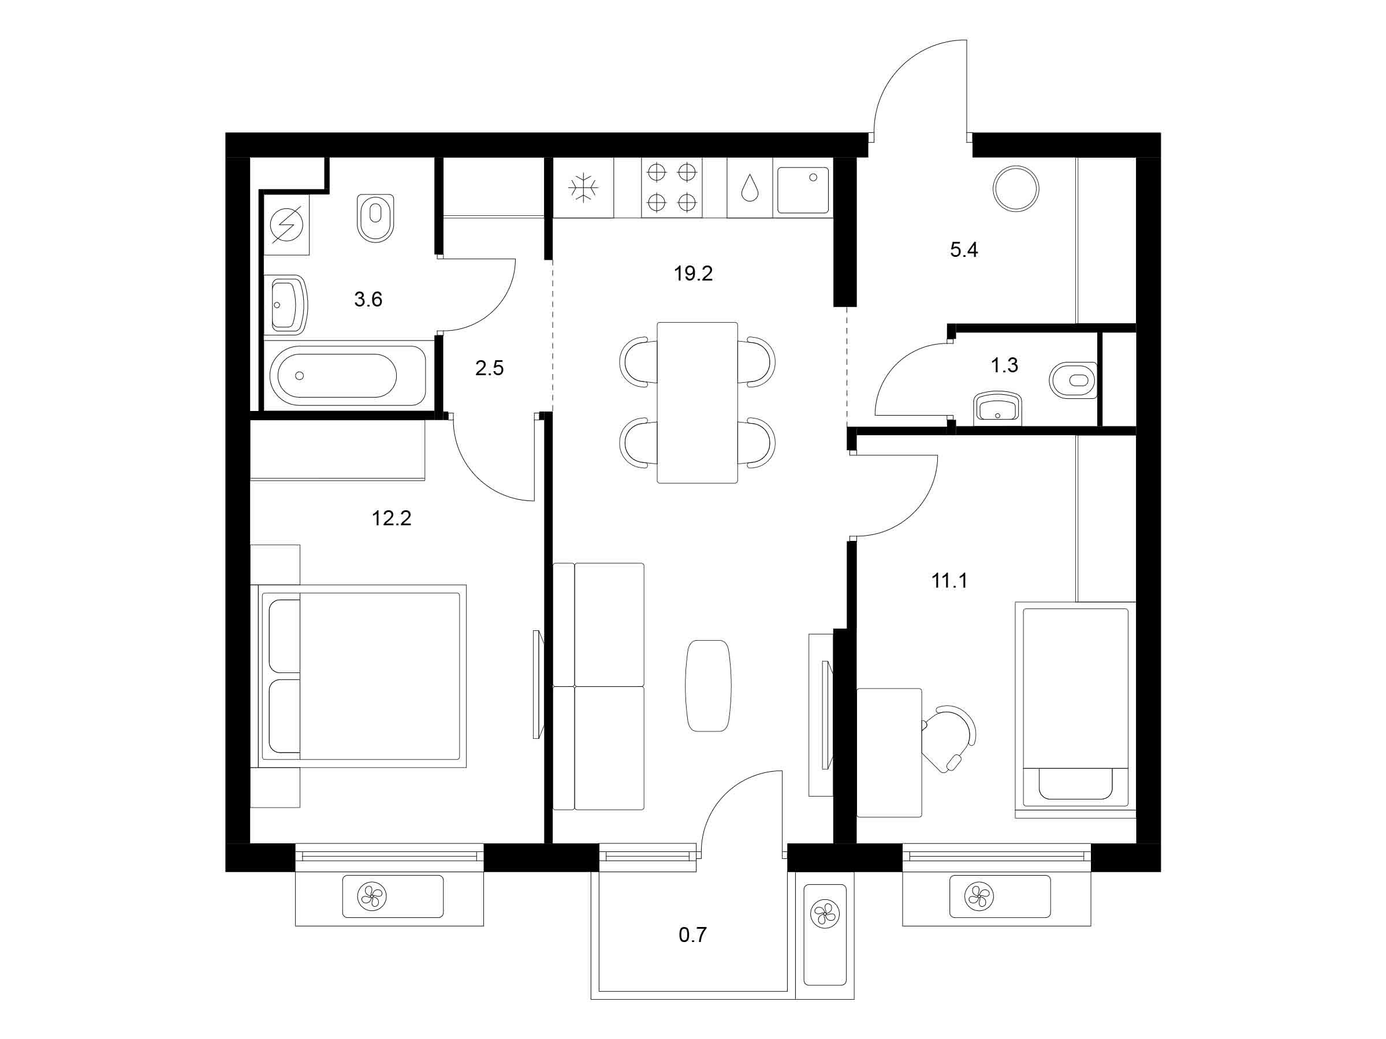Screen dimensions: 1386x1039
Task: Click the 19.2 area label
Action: tap(693, 274)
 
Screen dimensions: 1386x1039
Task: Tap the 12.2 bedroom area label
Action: tap(392, 518)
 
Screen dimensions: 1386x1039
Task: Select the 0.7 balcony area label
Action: tap(692, 935)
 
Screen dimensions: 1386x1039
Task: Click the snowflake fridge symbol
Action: tap(583, 187)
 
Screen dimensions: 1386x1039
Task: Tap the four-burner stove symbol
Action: tap(672, 186)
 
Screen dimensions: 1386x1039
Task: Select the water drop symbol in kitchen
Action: tap(750, 187)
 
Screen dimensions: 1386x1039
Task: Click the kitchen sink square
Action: tap(803, 190)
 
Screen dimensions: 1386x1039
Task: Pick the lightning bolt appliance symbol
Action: tap(286, 224)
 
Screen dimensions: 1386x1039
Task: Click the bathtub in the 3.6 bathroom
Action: tap(348, 375)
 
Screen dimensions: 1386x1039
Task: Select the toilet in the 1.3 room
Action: tap(1074, 380)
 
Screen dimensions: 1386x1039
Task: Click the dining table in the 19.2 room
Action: tap(698, 403)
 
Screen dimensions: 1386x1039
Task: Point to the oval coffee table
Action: tap(708, 686)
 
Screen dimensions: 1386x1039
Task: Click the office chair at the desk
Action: tap(949, 738)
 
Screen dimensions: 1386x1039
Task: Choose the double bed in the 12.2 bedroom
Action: tap(359, 676)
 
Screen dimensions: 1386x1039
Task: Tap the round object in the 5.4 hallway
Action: tap(1016, 189)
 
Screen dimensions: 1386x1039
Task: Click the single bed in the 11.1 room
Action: tap(1075, 709)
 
